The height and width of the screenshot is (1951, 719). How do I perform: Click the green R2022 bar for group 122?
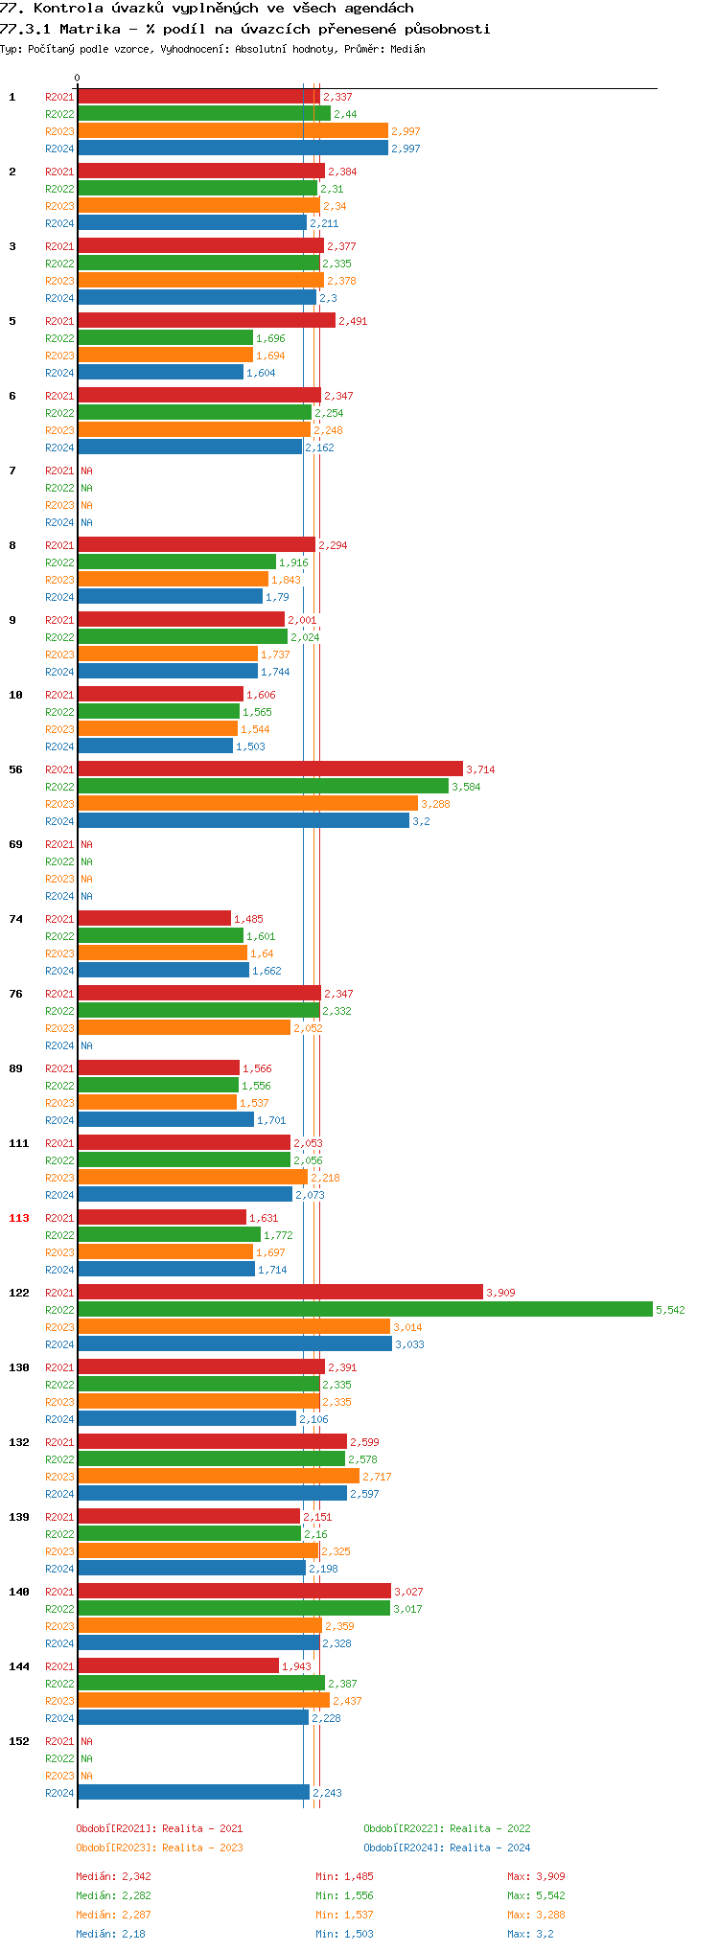pos(364,1309)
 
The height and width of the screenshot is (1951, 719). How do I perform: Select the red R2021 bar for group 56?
pos(269,769)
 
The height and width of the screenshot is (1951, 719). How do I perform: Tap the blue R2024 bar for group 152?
pos(193,1792)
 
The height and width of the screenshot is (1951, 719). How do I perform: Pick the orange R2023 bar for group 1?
pos(232,130)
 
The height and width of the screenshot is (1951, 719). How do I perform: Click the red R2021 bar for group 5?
pos(206,320)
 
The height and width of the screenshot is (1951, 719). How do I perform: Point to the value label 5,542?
pos(670,1310)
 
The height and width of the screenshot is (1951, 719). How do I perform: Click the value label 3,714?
pos(480,769)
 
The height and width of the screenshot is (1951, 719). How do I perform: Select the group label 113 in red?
pos(19,1218)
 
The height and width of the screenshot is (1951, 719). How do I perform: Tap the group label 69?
pos(16,844)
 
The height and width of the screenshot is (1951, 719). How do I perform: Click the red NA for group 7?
pos(86,471)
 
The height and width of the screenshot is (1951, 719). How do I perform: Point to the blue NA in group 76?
pos(86,1045)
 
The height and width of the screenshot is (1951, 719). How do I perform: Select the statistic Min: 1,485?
pos(344,1876)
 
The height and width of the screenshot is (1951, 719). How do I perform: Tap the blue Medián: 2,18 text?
pos(110,1934)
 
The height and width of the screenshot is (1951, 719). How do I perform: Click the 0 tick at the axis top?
pos(78,79)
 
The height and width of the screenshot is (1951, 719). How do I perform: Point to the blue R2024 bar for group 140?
pos(198,1642)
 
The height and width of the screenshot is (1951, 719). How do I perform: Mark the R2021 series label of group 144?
pos(59,1666)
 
